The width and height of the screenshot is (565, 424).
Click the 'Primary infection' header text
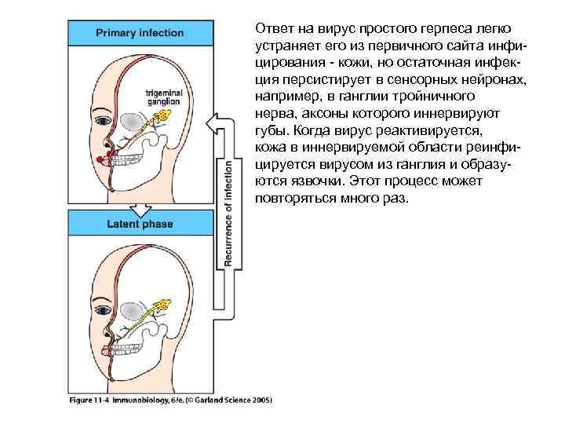[x=140, y=33]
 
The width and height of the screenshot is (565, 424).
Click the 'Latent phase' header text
[x=140, y=224]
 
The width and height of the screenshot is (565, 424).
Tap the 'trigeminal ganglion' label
[x=163, y=96]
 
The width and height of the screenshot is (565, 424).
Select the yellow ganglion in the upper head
[x=162, y=119]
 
